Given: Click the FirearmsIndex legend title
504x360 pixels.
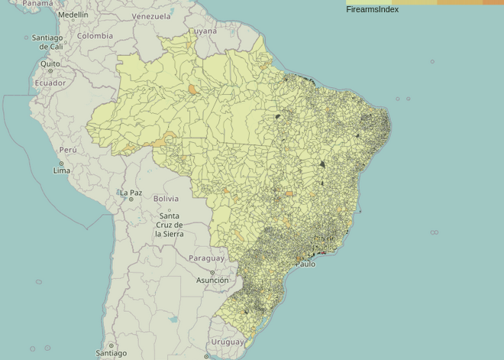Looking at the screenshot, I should [372, 10].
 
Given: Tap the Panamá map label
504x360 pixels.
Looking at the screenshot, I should [38, 4].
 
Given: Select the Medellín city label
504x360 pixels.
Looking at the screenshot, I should [73, 15].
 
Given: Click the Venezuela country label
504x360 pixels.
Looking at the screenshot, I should [151, 16].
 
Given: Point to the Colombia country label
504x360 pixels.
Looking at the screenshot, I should [95, 36].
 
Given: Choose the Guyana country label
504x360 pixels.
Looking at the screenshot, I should [203, 31].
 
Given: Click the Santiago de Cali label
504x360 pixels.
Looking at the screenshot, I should [47, 42].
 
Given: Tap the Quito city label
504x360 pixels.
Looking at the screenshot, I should [50, 64].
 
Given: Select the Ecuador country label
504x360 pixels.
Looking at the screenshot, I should [50, 83].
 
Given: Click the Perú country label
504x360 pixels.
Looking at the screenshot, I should [68, 150].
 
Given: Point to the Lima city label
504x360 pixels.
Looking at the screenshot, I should [62, 170].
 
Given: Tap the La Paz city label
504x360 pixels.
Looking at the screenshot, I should [131, 193].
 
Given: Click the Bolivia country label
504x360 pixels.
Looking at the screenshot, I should [166, 199].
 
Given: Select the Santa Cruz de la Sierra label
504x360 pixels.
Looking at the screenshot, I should [169, 225].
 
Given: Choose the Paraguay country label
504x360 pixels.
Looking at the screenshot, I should [207, 258].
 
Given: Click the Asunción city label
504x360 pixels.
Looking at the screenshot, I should [212, 281].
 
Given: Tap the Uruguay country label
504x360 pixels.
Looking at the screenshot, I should [228, 342].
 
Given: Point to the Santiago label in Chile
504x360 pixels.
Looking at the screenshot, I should [111, 354].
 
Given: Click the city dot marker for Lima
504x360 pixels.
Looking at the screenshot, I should [62, 164].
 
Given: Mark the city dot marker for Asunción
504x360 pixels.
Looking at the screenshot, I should [212, 273].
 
